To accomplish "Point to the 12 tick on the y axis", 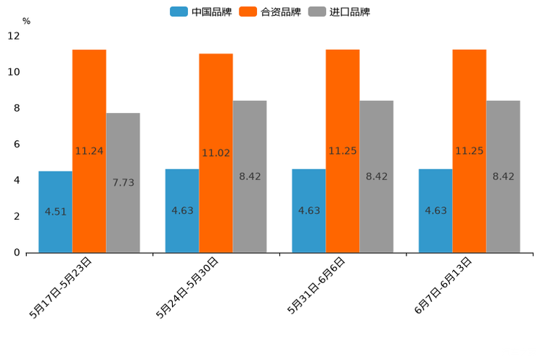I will [14, 36].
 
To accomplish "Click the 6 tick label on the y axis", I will [17, 144].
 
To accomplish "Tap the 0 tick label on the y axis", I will [17, 253].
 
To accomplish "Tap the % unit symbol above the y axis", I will [26, 21].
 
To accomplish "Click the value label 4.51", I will [55, 212].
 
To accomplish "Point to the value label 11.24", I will [89, 151].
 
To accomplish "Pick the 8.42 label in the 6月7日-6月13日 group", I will [503, 176].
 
